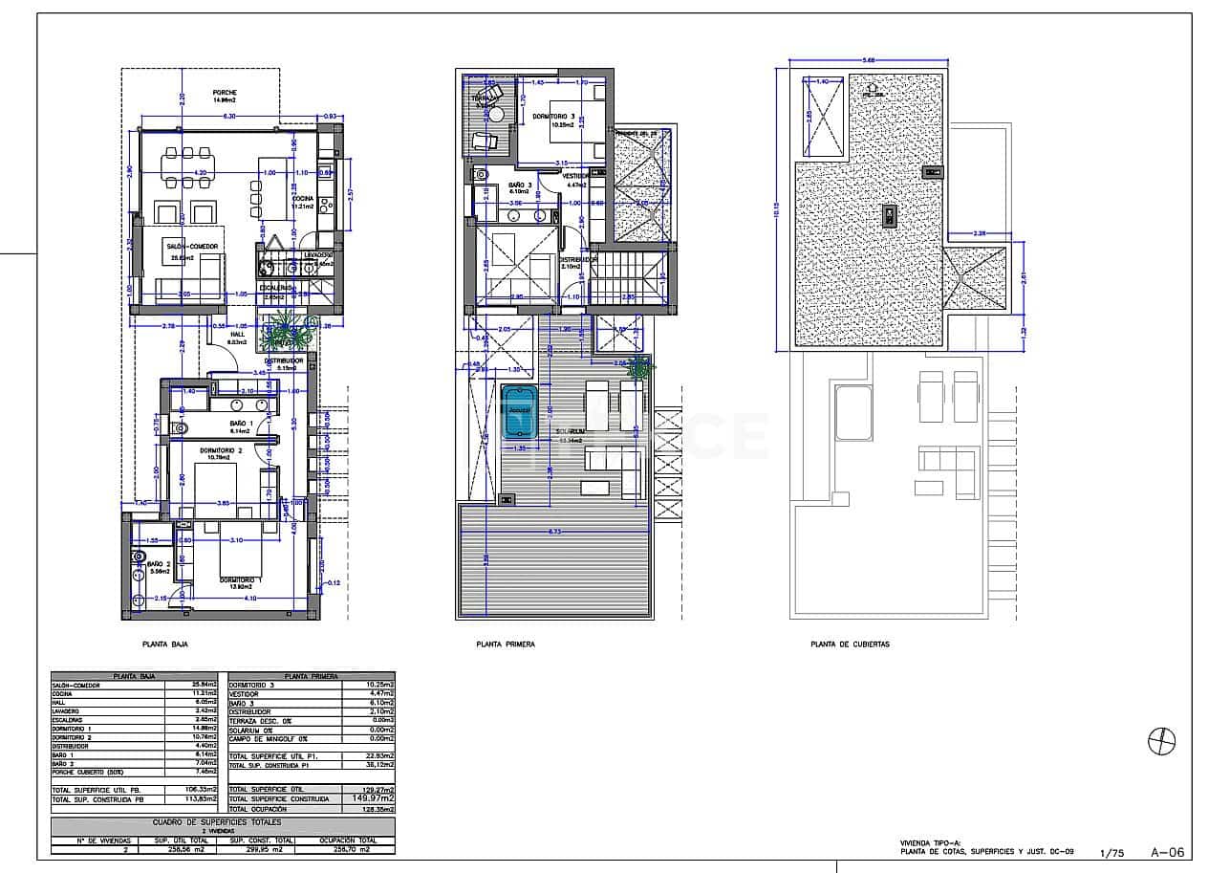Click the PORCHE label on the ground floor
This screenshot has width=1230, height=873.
pos(225,92)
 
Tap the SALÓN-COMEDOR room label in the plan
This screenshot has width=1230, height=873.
pos(191,247)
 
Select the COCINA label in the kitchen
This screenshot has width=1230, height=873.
pos(304,199)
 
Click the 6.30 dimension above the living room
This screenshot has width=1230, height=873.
pos(229,117)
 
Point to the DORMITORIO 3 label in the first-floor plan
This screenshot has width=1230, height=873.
pos(552,116)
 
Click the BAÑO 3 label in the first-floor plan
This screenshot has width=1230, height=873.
pos(521,184)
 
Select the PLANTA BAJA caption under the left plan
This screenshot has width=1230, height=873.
pos(164,644)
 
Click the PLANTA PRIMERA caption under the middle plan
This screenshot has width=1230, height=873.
pos(506,644)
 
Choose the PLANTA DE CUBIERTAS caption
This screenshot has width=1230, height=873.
pos(850,644)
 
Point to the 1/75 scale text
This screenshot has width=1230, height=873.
pos(1112,853)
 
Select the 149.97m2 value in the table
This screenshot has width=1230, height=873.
pos(371,797)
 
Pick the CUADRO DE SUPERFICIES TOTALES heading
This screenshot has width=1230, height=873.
pos(222,822)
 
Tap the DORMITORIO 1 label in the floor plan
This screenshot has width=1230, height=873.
pos(240,580)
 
